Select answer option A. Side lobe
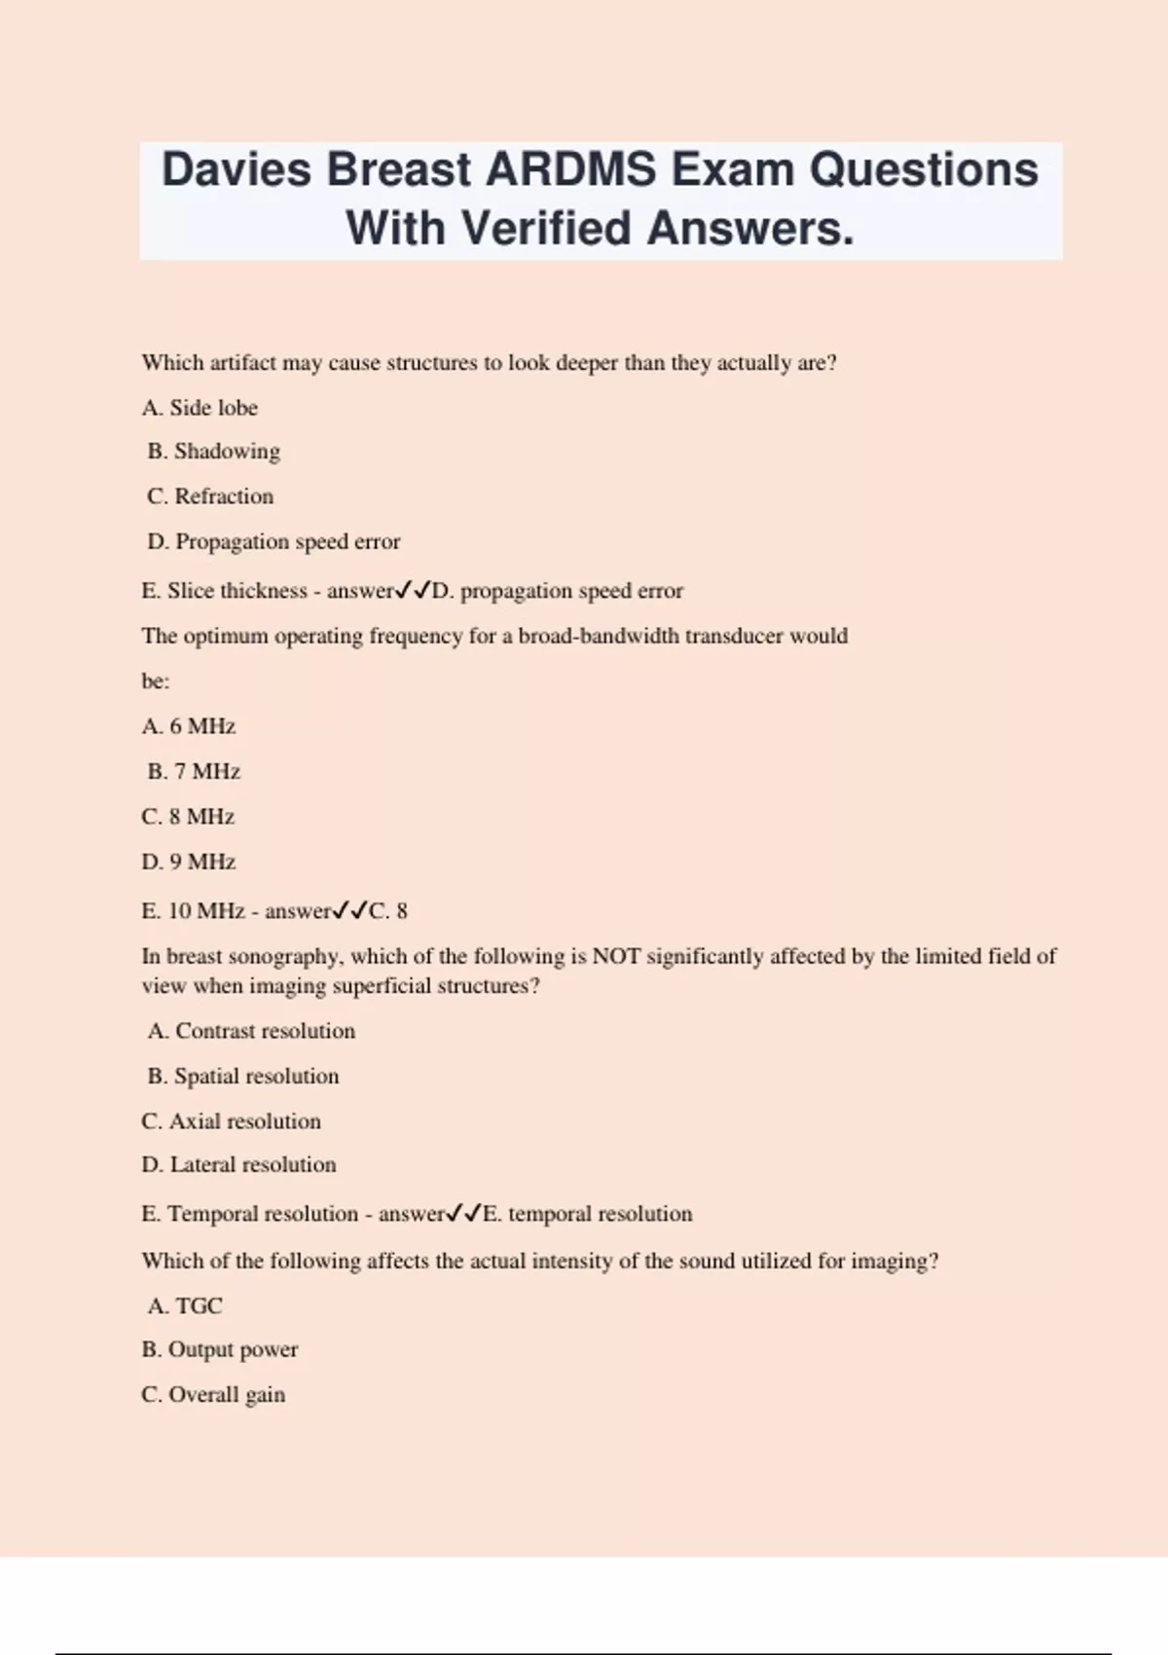[200, 408]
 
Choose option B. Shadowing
[214, 452]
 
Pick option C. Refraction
[210, 496]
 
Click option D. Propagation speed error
[274, 541]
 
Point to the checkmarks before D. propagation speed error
[413, 590]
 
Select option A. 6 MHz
[189, 726]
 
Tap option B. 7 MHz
[194, 772]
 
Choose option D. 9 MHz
[189, 862]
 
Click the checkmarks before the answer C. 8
[349, 910]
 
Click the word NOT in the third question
[616, 956]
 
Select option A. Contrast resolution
[251, 1031]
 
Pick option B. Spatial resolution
[243, 1076]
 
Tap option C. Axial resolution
[231, 1122]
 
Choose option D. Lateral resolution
[238, 1164]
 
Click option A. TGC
[185, 1306]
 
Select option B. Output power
[220, 1349]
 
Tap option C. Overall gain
[213, 1394]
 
